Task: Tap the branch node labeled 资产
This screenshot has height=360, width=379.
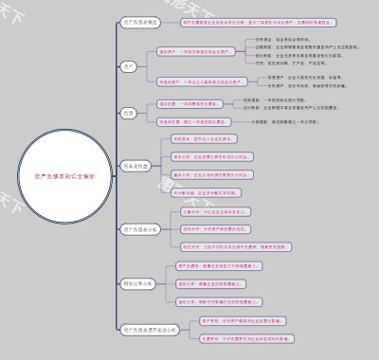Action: (x=128, y=66)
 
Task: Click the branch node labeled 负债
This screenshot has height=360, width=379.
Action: (x=128, y=113)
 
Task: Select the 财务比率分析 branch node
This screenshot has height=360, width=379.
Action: (x=138, y=283)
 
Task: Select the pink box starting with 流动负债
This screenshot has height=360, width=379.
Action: (x=190, y=103)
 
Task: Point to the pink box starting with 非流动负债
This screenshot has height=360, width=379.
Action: (x=194, y=122)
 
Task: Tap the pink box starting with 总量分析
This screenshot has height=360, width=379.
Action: (x=204, y=211)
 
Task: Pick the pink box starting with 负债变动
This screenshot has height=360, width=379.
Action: (x=246, y=338)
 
